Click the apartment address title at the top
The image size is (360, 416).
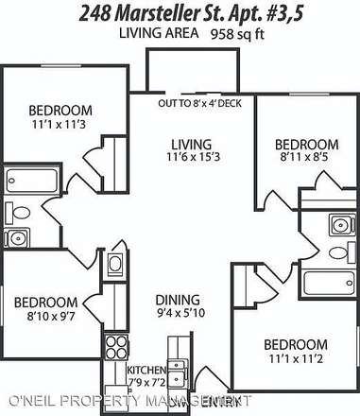coord(180,11)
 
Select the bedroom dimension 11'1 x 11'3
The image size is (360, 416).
coord(58,122)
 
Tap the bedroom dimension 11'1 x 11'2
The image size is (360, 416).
coord(295,358)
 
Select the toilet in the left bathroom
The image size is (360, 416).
coord(16,211)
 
